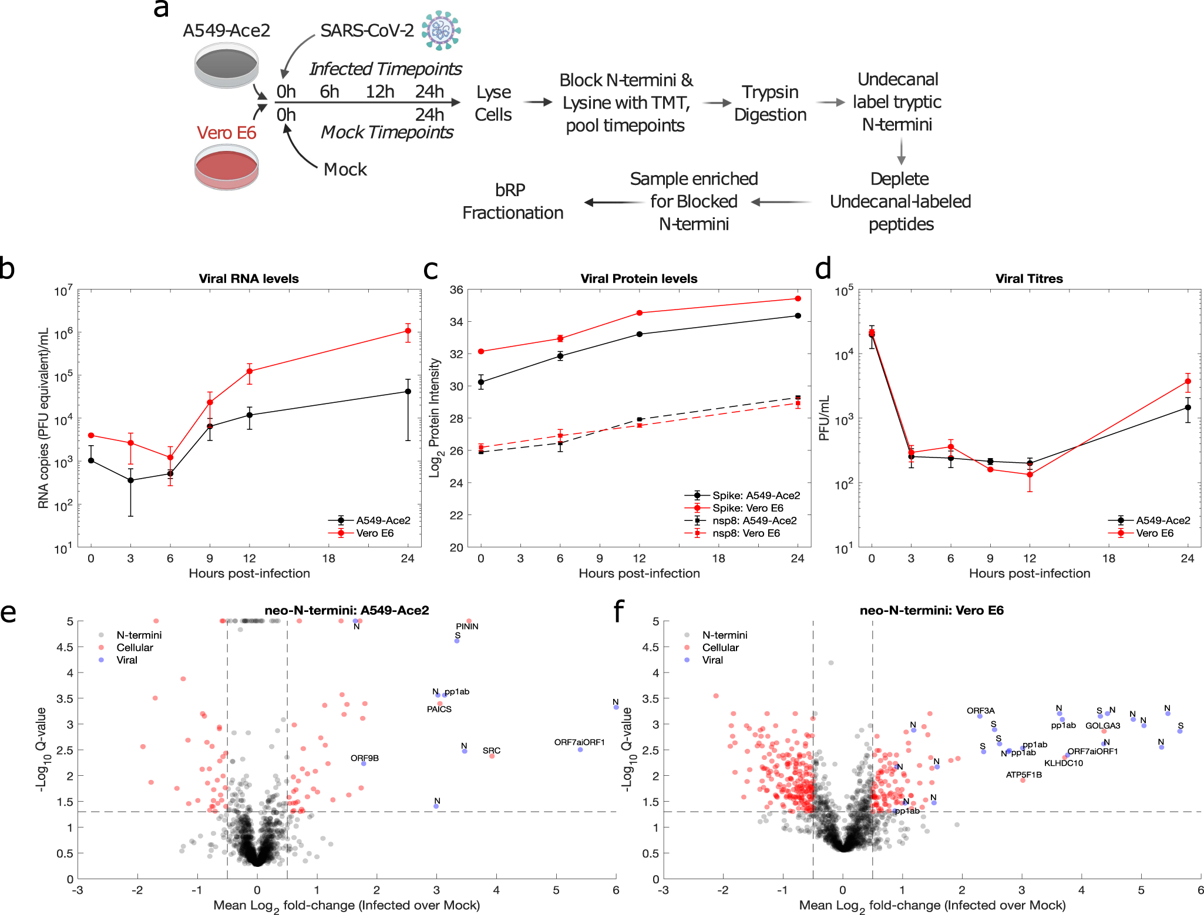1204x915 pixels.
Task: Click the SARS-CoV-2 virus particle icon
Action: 441,30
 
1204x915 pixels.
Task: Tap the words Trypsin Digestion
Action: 770,103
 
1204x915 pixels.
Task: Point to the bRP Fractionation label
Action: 512,201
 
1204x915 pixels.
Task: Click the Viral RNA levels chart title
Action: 248,278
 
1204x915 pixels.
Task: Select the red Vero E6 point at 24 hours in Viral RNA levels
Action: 408,331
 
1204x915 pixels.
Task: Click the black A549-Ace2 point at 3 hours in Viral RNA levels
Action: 130,480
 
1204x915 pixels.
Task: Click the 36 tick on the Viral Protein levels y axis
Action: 456,290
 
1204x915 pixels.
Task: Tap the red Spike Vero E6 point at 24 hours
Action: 798,298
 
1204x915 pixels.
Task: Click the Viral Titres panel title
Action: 1029,278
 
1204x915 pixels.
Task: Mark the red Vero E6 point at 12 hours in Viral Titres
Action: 1030,475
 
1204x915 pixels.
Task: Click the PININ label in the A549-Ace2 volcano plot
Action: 467,626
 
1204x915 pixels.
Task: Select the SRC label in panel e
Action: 492,751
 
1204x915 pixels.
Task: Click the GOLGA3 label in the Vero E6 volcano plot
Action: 1102,725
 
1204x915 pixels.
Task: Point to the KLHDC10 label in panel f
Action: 1063,763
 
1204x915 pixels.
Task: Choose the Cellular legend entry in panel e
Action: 134,647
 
